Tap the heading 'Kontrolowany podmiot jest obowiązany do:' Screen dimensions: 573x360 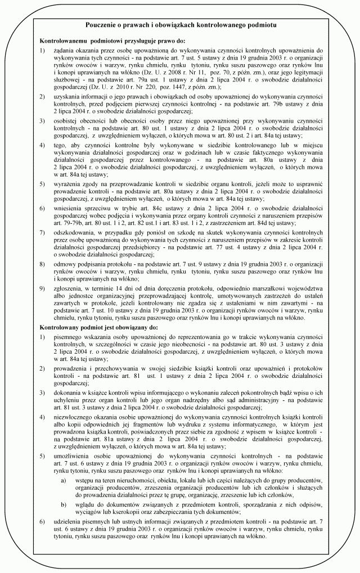coord(100,327)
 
